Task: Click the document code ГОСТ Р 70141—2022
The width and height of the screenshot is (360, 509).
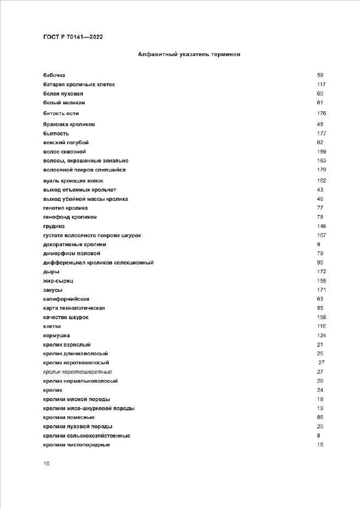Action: pyautogui.click(x=73, y=37)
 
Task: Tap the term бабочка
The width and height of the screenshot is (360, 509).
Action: pyautogui.click(x=55, y=75)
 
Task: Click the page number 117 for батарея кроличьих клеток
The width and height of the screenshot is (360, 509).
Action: pyautogui.click(x=322, y=84)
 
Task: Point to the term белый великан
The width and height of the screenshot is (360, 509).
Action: pyautogui.click(x=64, y=103)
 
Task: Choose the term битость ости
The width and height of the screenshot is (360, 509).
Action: pyautogui.click(x=61, y=113)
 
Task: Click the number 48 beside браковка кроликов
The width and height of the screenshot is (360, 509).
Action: pyautogui.click(x=320, y=124)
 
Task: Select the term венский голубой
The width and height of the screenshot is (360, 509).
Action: pyautogui.click(x=66, y=143)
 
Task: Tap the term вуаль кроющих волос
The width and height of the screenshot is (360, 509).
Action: pyautogui.click(x=74, y=180)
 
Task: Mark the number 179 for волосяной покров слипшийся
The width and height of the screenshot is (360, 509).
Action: pyautogui.click(x=322, y=169)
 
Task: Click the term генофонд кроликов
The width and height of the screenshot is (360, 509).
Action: pyautogui.click(x=70, y=217)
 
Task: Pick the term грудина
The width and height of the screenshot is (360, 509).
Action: pyautogui.click(x=54, y=226)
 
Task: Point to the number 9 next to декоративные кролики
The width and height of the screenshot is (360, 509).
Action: pyautogui.click(x=318, y=244)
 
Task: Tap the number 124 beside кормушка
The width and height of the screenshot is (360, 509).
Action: pyautogui.click(x=322, y=335)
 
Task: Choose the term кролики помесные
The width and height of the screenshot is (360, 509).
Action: pyautogui.click(x=65, y=417)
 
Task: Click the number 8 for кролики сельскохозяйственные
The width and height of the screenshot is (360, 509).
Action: pyautogui.click(x=318, y=436)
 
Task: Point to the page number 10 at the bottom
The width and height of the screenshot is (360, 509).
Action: pyautogui.click(x=46, y=463)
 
